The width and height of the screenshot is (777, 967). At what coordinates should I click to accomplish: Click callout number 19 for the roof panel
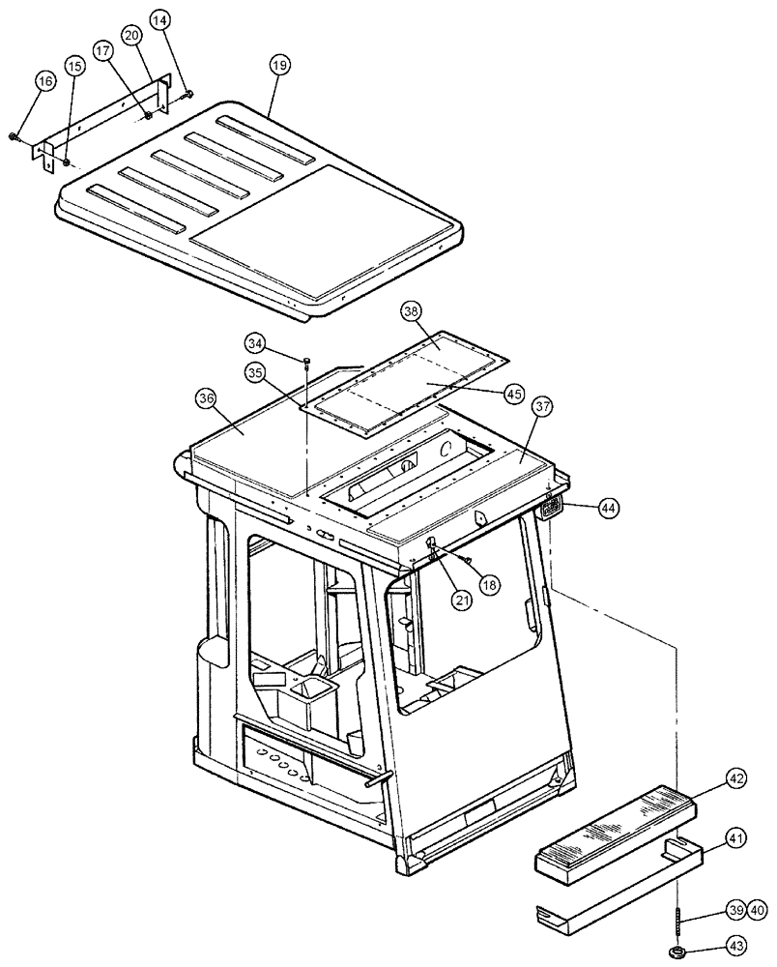(x=279, y=66)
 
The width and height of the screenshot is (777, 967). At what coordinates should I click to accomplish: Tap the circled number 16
(x=45, y=81)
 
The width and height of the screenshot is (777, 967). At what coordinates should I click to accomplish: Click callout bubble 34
(x=255, y=343)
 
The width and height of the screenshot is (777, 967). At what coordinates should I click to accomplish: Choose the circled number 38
(x=412, y=312)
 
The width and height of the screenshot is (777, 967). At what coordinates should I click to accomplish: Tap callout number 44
(x=608, y=507)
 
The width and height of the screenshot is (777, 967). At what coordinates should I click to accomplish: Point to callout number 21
(x=461, y=600)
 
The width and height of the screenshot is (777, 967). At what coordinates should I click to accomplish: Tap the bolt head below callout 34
(x=305, y=363)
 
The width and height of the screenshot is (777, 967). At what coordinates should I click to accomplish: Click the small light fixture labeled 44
(x=553, y=506)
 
